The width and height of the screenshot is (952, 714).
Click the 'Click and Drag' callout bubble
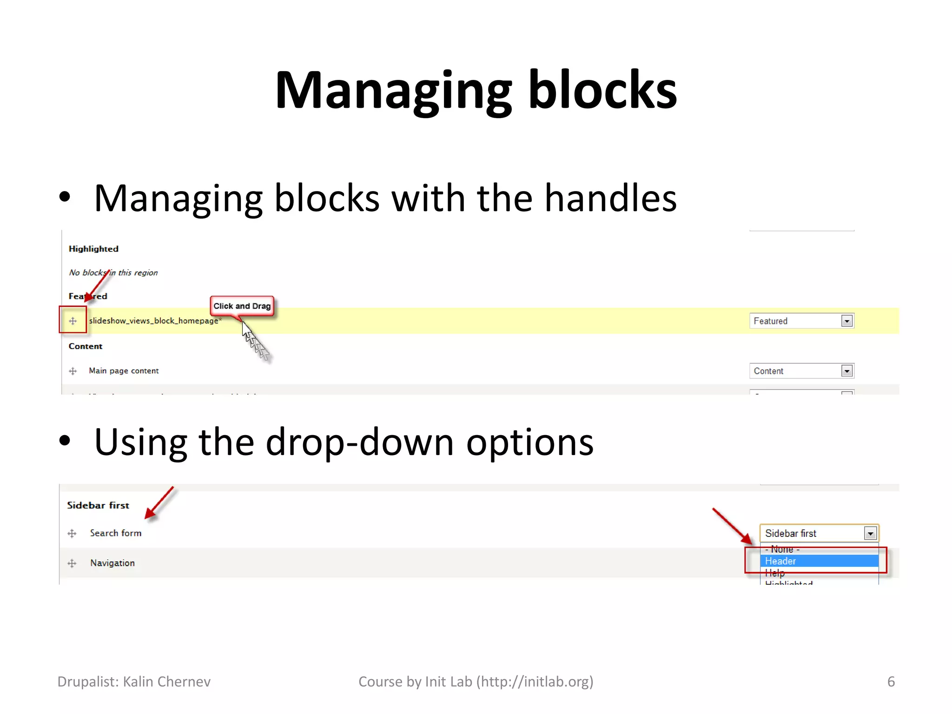242,306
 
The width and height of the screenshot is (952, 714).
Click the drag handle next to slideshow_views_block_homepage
73,321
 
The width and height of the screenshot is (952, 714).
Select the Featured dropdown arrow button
846,321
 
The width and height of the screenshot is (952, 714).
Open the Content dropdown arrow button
846,371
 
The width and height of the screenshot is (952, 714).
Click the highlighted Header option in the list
818,561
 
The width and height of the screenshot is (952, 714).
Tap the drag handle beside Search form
72,533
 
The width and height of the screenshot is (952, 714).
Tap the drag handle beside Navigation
72,563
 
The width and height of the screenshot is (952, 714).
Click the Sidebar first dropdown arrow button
870,533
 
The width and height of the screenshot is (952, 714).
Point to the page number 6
891,681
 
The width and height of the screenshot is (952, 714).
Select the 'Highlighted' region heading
93,249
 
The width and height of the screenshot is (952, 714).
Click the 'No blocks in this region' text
113,272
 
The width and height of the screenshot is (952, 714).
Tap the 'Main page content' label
124,370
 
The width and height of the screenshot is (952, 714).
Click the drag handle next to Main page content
73,371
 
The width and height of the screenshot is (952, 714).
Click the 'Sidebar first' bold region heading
98,505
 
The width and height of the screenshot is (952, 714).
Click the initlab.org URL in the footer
535,681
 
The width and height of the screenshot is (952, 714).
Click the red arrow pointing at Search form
159,503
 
